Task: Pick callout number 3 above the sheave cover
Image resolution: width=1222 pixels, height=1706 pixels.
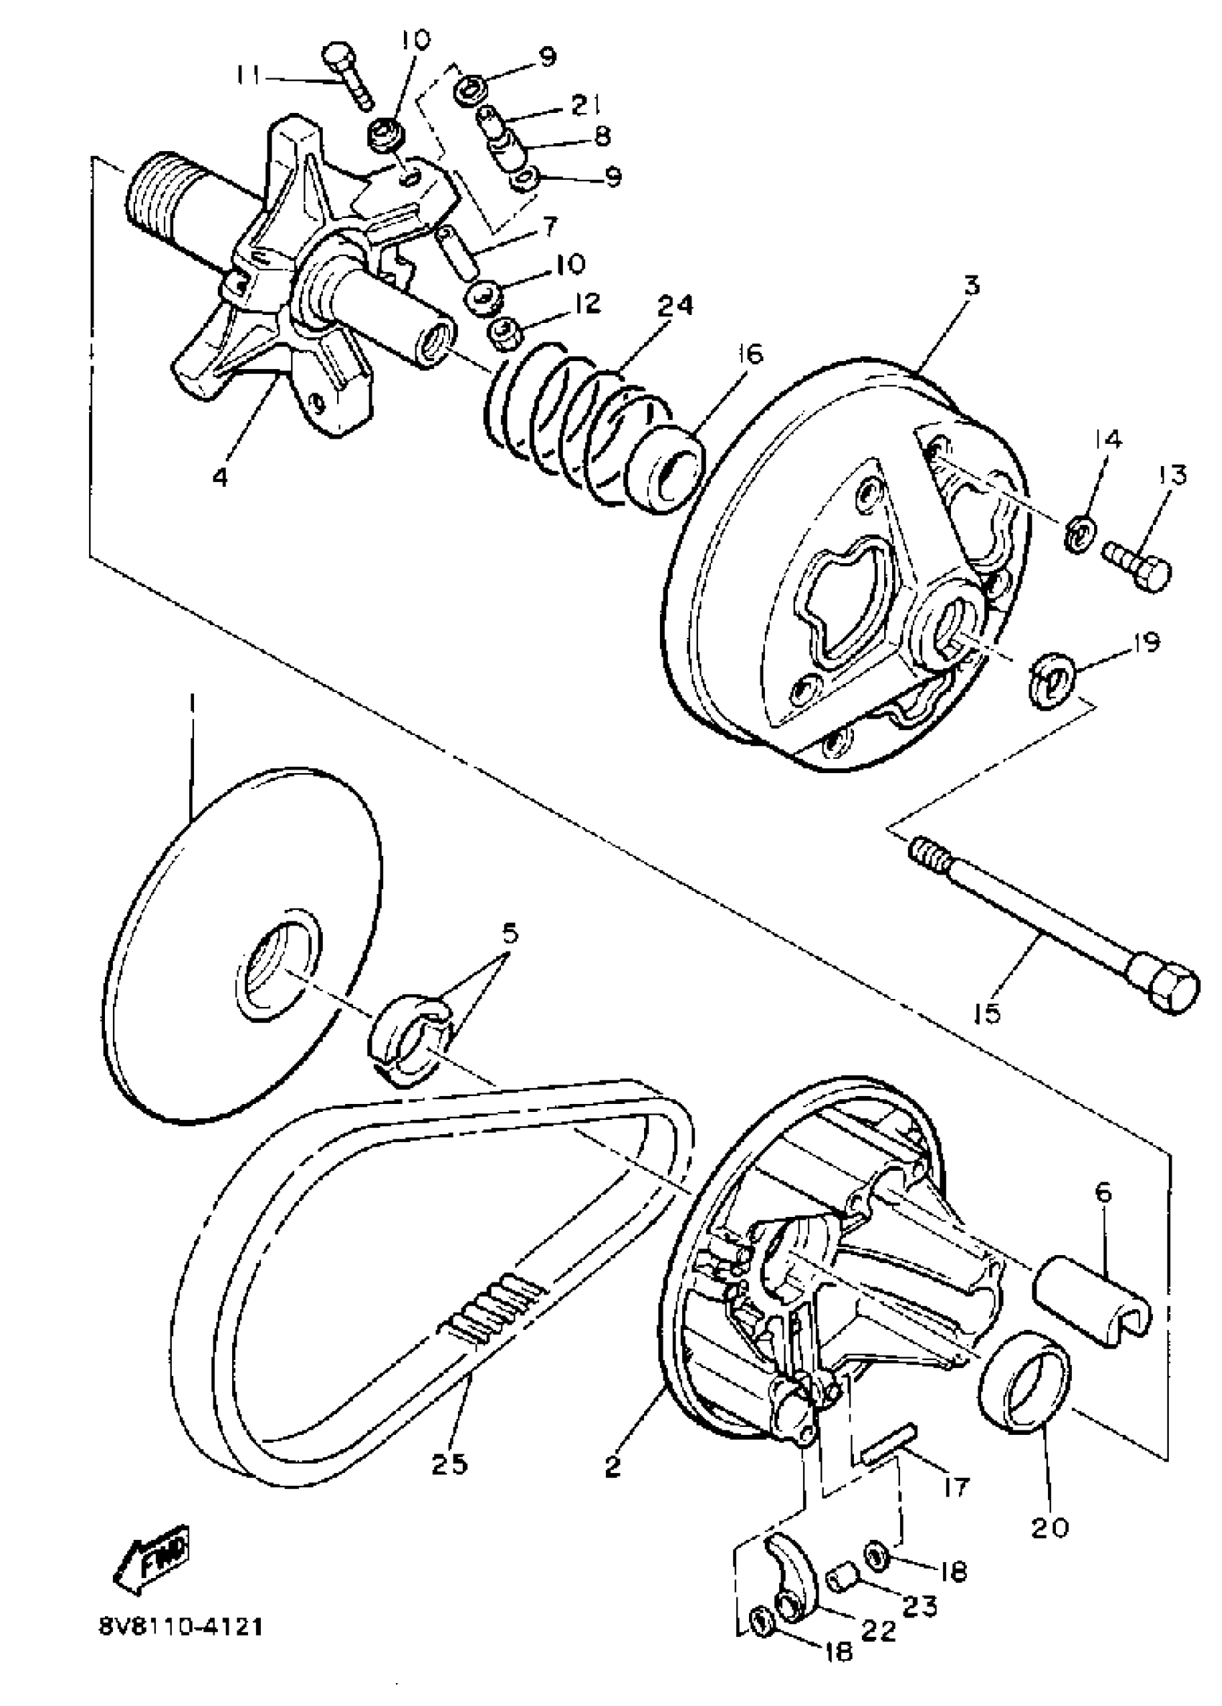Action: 972,286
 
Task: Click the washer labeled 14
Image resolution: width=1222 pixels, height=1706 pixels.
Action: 1080,532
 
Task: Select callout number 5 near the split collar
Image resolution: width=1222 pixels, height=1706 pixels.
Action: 510,935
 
